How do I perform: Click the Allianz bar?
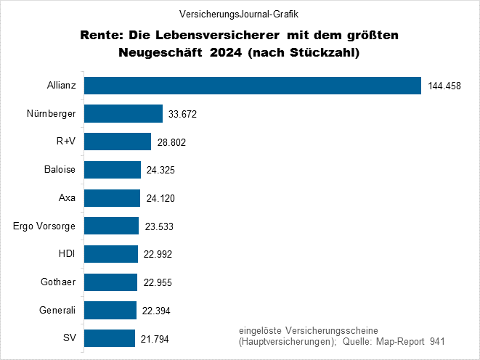253,86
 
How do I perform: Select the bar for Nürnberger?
123,114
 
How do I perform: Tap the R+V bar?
118,142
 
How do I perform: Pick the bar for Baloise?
113,170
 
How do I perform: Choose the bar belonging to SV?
110,339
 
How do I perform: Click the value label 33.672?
182,115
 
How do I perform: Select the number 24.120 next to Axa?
160,199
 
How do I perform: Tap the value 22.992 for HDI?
157,255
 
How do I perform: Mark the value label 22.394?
156,311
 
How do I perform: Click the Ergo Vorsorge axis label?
44,226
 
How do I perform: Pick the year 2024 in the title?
224,52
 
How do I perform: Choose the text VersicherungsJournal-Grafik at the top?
239,14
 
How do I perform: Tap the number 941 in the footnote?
436,341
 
